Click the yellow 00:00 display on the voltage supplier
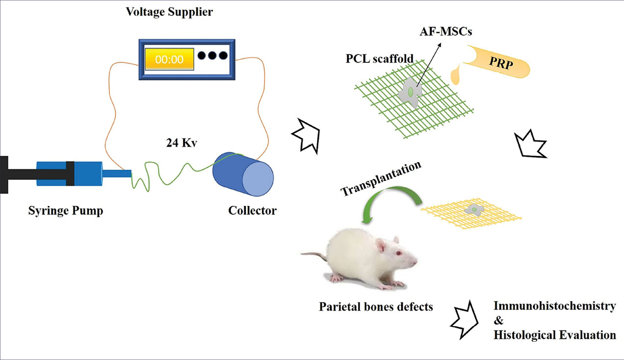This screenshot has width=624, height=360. click(x=169, y=59)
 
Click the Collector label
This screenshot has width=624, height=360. click(x=252, y=211)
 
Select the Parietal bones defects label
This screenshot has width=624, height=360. click(x=376, y=308)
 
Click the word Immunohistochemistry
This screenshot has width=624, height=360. click(x=555, y=307)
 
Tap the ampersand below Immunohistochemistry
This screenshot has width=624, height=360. click(x=498, y=321)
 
